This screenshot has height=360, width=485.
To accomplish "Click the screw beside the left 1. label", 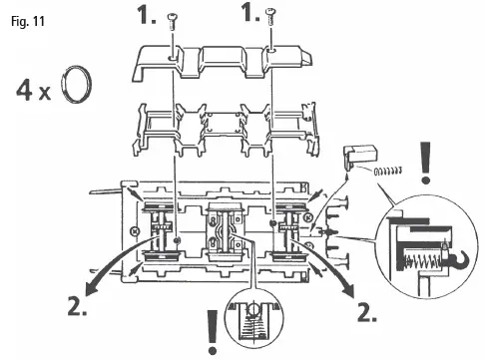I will point(173,17).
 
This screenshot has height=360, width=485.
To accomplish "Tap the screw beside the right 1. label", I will point(273,16).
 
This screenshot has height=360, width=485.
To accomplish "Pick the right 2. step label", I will point(367,309).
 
